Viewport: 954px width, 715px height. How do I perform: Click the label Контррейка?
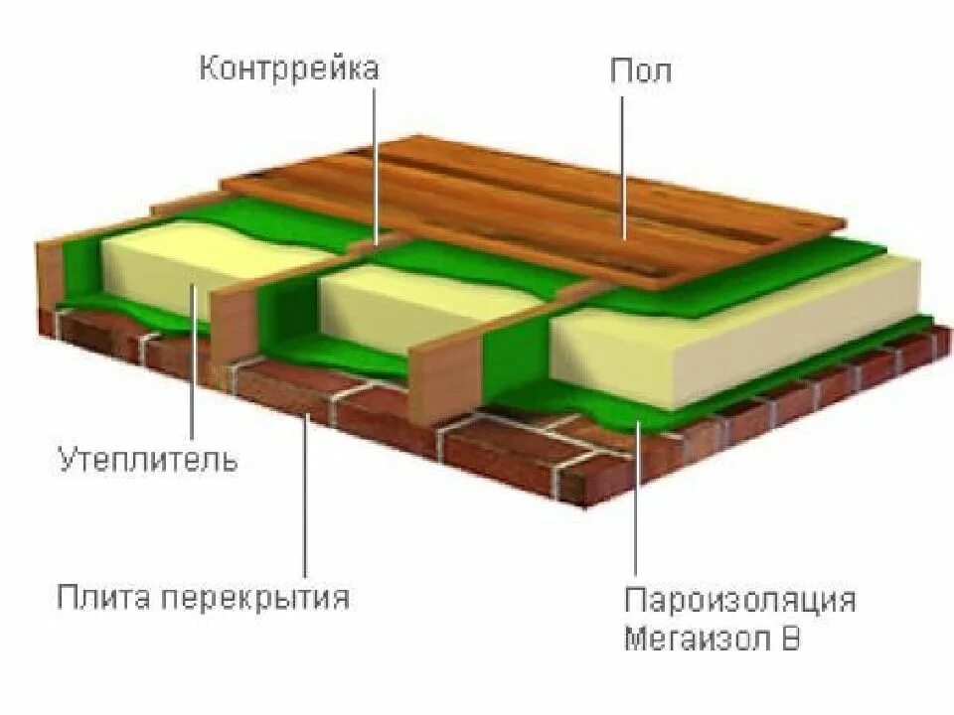click(x=289, y=70)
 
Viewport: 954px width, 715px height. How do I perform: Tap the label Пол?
click(x=640, y=71)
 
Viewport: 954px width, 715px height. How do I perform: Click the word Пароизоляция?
click(x=739, y=600)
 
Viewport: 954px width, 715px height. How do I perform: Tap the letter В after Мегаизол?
click(x=790, y=638)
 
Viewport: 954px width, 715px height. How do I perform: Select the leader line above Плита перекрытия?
click(x=306, y=497)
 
